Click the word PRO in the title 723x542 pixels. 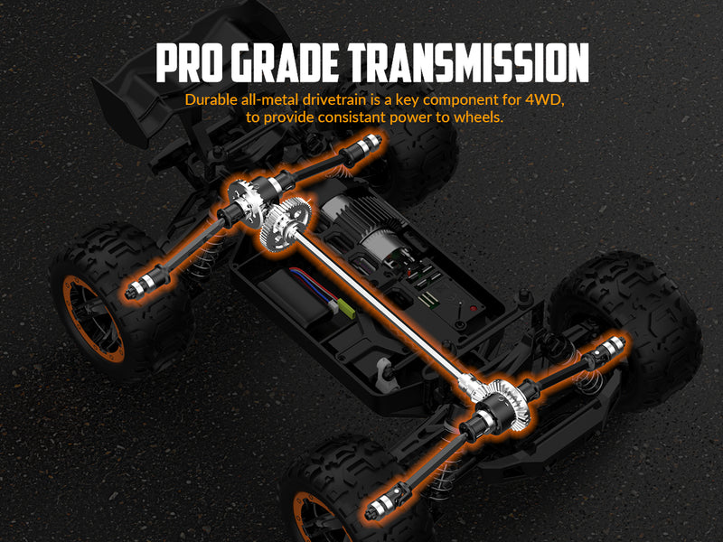pos(188,63)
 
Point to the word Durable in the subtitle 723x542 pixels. pos(211,99)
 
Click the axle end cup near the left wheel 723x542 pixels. pos(136,288)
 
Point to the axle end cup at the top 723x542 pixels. pos(369,145)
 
